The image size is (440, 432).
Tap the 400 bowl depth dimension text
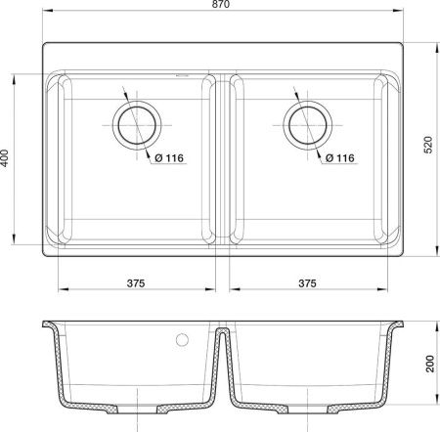[9, 158]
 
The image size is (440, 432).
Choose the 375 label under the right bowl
[306, 282]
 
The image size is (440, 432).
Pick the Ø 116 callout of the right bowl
[338, 157]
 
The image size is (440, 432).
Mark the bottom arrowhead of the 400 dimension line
[21, 246]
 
